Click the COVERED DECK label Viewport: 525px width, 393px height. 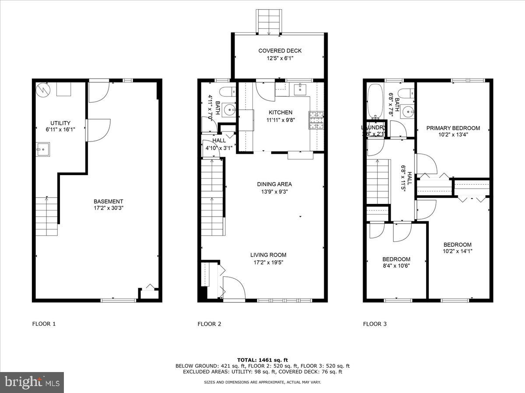280,51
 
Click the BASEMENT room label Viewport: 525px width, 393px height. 108,201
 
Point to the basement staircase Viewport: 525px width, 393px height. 46,217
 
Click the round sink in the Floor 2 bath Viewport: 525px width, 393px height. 227,109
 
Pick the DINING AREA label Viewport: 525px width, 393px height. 274,184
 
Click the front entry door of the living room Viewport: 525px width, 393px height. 234,289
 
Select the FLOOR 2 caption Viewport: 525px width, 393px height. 210,324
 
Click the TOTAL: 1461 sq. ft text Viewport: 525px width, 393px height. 262,360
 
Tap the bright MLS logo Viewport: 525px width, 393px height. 32,383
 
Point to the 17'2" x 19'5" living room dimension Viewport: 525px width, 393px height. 268,262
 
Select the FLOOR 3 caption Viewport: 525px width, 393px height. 375,324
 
